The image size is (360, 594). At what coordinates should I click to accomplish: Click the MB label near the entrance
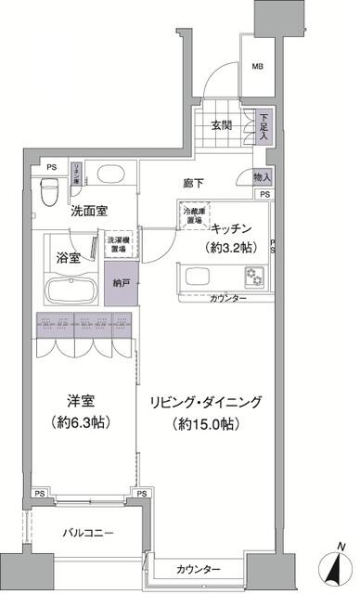pyautogui.click(x=257, y=66)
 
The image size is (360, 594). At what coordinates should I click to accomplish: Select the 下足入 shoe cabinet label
pyautogui.click(x=264, y=125)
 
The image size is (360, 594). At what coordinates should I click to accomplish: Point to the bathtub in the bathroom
pyautogui.click(x=70, y=288)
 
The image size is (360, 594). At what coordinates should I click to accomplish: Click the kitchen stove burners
pyautogui.click(x=253, y=277)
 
